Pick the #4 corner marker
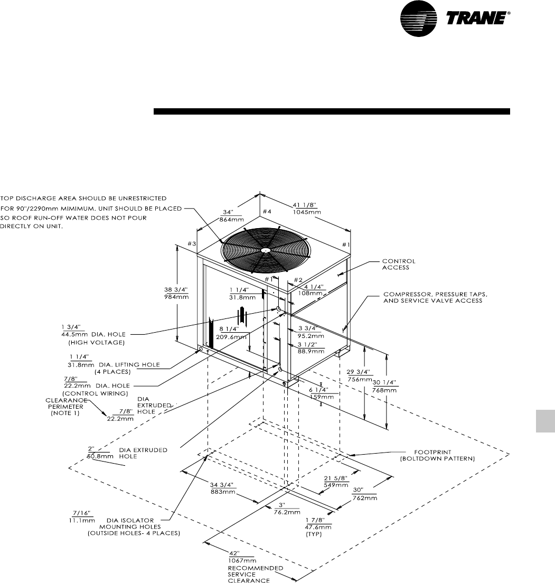266,212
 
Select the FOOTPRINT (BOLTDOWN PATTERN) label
437,455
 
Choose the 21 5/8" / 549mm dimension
336,481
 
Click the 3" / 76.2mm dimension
289,508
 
